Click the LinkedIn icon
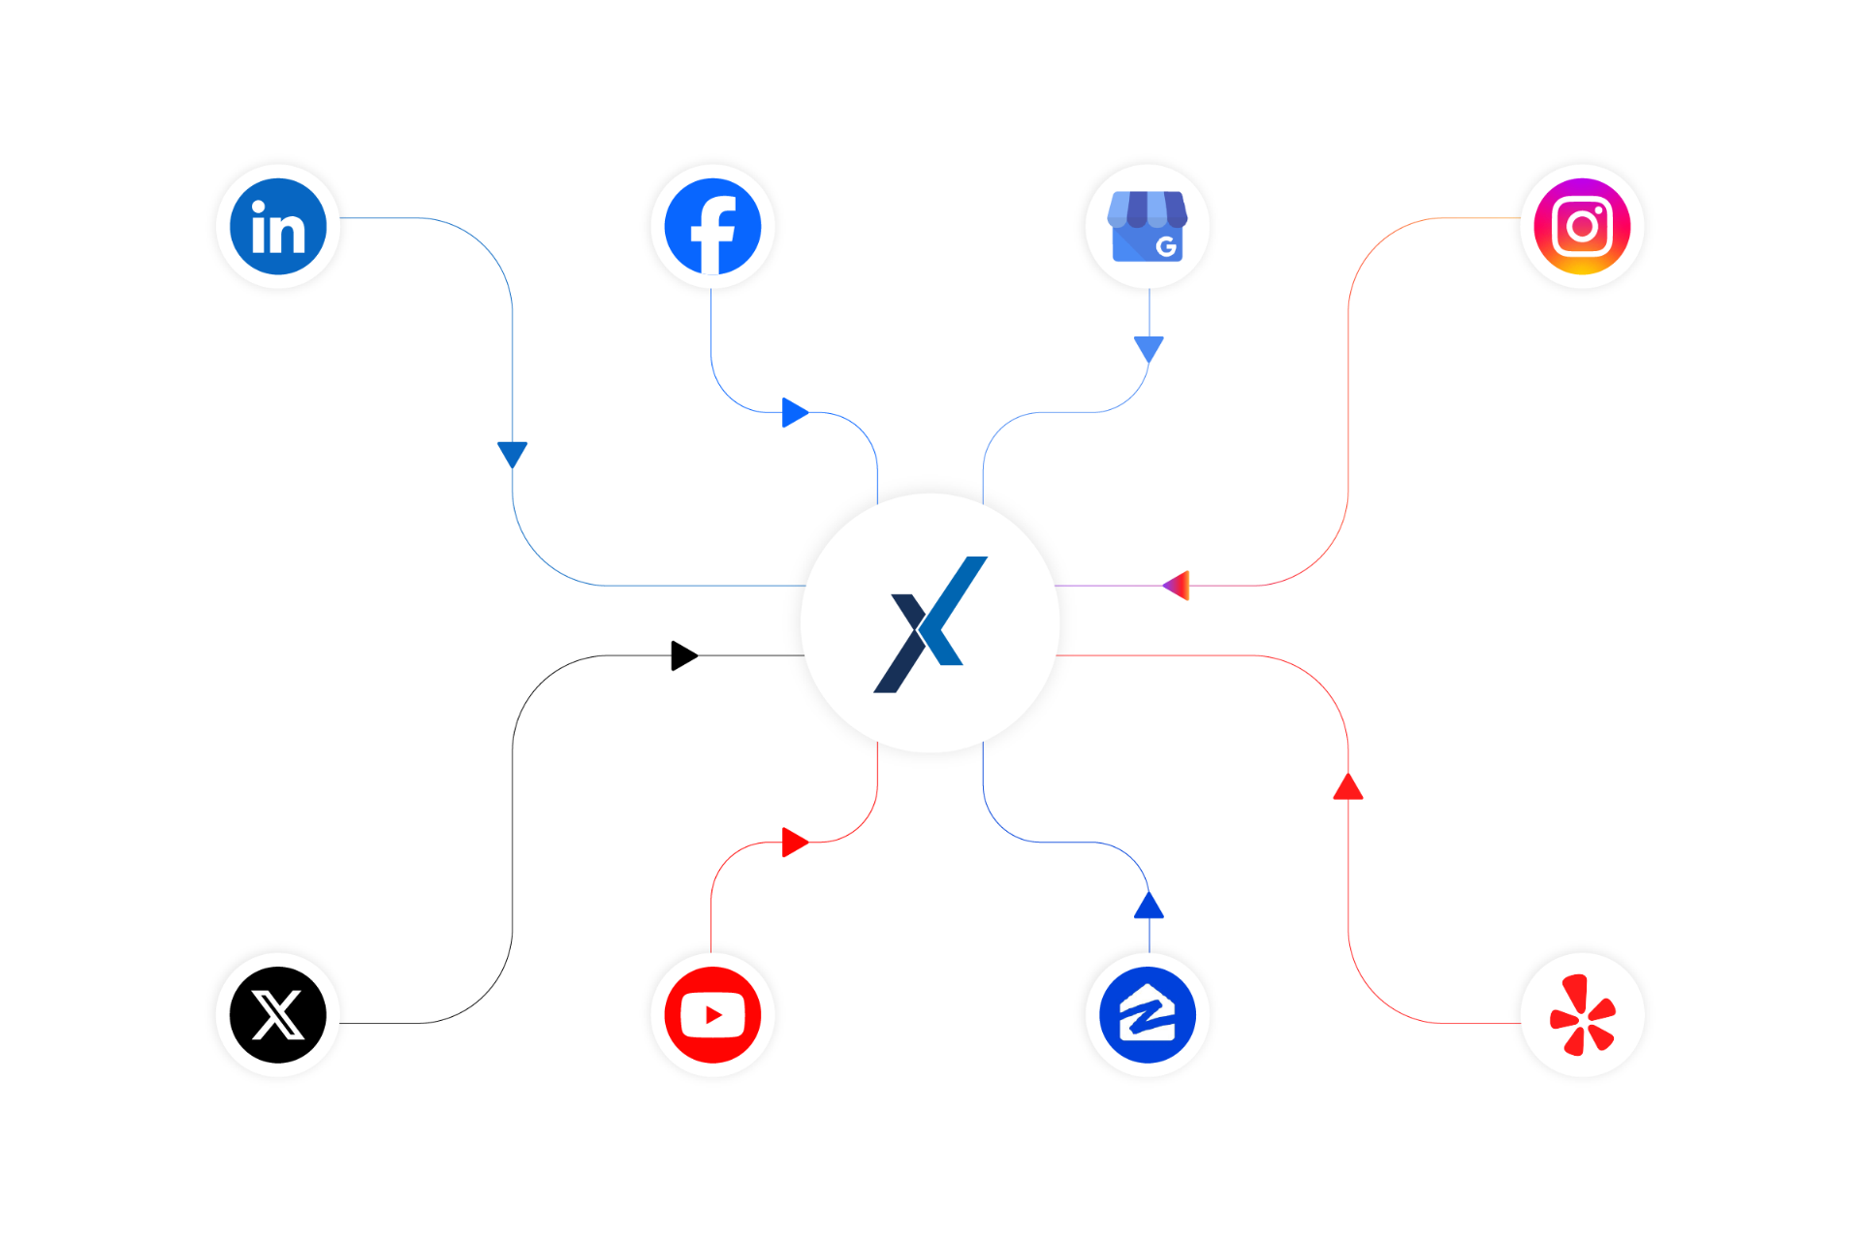(278, 227)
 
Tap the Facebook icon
(712, 227)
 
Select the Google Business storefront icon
(1148, 227)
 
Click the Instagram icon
(1582, 227)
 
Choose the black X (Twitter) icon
(278, 1015)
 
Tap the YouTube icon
(712, 1015)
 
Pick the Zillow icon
(1148, 1015)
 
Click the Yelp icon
(1582, 1015)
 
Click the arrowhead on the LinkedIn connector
(512, 452)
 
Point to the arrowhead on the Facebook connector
(794, 412)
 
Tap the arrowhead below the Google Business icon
(1149, 348)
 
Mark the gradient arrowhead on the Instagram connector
(1177, 586)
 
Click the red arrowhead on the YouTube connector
(794, 843)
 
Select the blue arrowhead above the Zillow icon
(1149, 907)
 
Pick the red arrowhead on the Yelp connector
(1348, 787)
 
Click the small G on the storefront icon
(1167, 246)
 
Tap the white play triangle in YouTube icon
(714, 1015)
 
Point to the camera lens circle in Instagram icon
(1582, 227)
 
